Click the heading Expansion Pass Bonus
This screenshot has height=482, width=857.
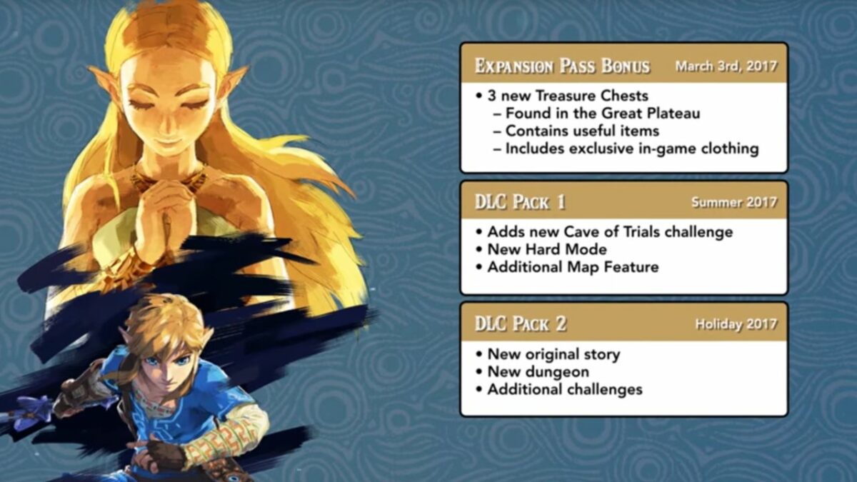click(x=563, y=66)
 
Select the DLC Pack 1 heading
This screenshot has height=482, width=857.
click(x=521, y=202)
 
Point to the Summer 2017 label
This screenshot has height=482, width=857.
click(x=733, y=202)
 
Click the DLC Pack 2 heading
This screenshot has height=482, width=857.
click(x=521, y=323)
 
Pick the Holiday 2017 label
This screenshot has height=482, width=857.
click(x=736, y=324)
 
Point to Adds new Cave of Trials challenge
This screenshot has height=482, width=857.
click(x=609, y=231)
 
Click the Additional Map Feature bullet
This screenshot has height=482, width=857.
click(x=572, y=267)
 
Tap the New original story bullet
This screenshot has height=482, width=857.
click(x=553, y=353)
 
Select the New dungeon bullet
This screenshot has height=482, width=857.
click(x=537, y=371)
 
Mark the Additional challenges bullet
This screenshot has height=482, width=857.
click(x=564, y=389)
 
